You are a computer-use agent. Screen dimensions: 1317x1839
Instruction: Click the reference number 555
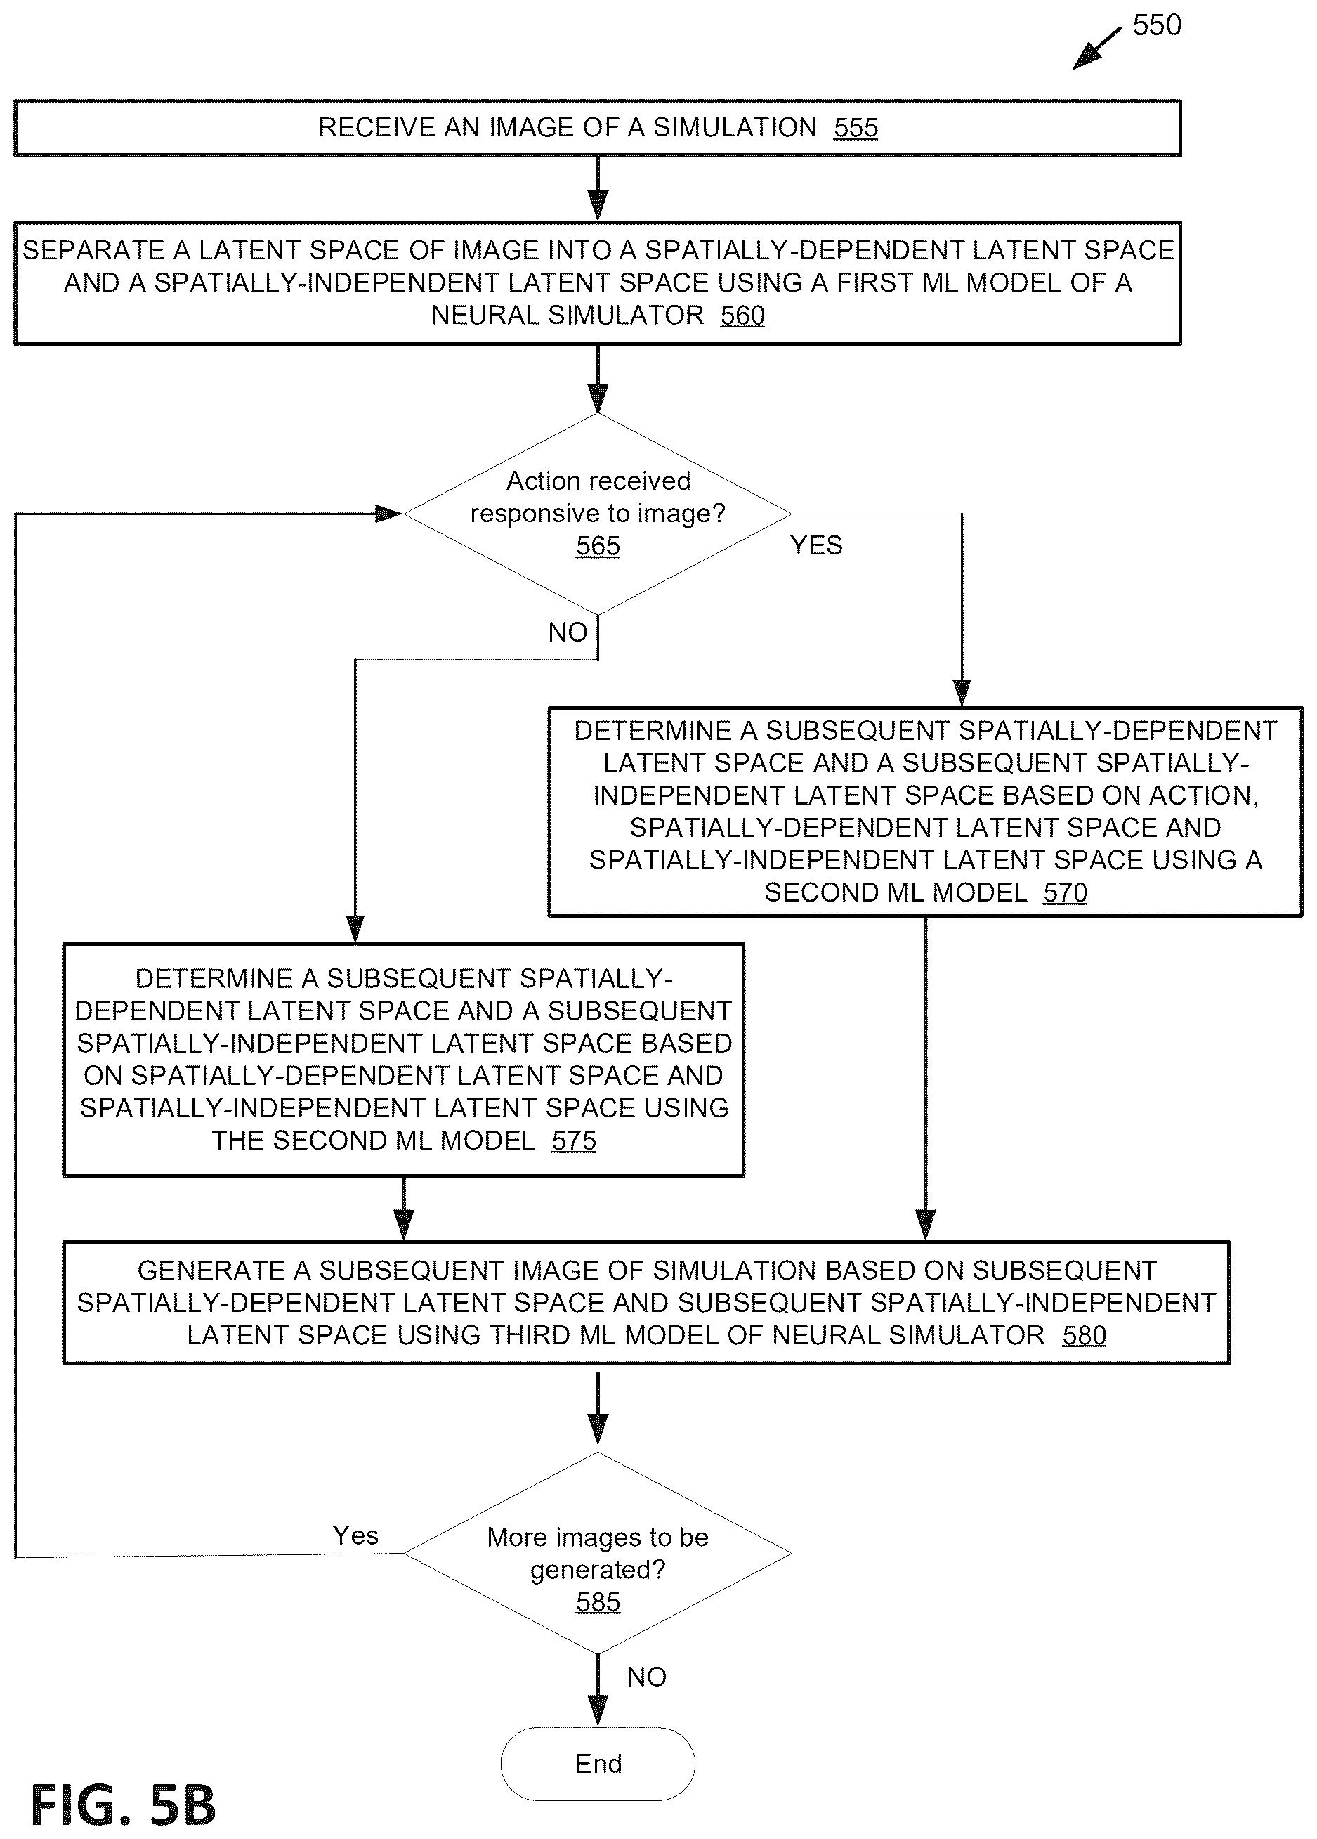(855, 127)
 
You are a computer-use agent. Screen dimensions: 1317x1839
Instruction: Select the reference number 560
(742, 315)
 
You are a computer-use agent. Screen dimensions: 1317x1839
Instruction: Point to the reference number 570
(1064, 892)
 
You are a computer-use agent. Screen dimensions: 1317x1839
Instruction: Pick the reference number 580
(1084, 1334)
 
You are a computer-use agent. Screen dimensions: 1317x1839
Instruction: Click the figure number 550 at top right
(1157, 25)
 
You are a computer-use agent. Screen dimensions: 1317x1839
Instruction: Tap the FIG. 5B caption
(123, 1805)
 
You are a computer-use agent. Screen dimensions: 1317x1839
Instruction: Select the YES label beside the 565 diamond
(816, 545)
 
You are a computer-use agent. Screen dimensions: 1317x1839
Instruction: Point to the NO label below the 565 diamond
(568, 632)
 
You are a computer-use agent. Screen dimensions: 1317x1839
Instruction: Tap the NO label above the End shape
(647, 1676)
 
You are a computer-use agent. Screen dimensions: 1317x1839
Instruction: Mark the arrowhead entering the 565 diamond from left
(390, 513)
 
